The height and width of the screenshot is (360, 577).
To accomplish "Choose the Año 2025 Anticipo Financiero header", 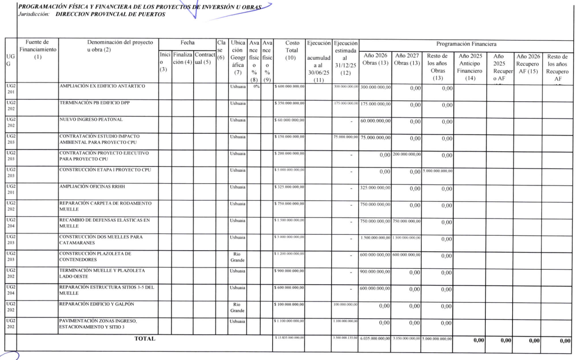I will coord(469,65).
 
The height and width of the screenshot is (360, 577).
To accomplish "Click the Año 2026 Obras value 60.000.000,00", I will coord(375,121).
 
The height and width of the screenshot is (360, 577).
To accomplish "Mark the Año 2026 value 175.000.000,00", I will coord(375,104).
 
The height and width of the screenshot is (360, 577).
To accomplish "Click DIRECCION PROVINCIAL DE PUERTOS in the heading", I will coord(110,14).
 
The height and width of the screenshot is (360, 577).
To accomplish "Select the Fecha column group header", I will coord(187,42).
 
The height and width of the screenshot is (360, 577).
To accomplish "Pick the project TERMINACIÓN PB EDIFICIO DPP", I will coord(94,103).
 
